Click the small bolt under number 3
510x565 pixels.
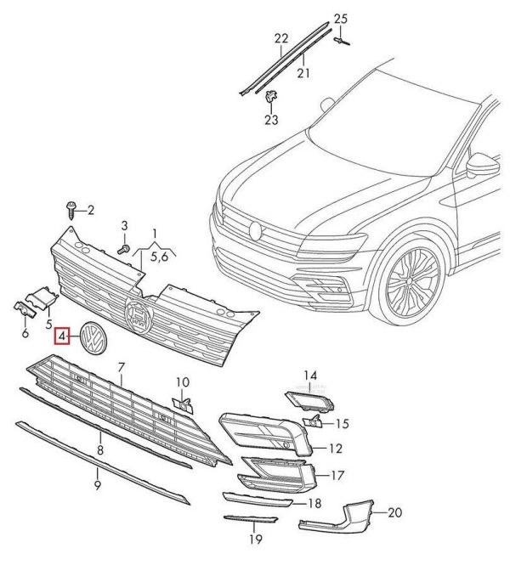(x=121, y=247)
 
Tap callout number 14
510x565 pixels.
(x=311, y=375)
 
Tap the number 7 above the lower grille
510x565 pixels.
(x=122, y=366)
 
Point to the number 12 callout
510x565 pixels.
(x=336, y=448)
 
